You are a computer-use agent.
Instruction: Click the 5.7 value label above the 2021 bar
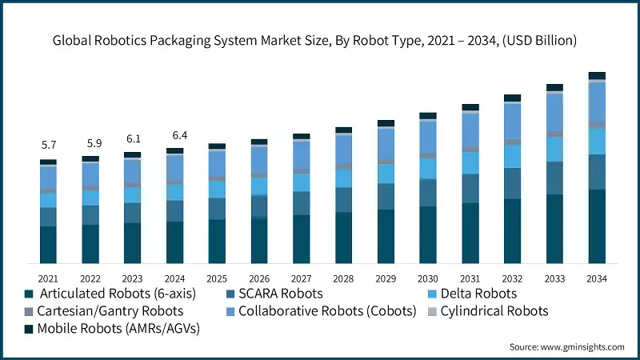click(x=49, y=145)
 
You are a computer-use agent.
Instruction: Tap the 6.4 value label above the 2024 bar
click(x=174, y=134)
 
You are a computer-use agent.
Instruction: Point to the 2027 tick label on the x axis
click(x=301, y=278)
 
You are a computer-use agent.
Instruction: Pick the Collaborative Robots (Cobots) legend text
click(x=327, y=310)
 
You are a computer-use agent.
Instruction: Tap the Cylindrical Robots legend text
click(x=498, y=310)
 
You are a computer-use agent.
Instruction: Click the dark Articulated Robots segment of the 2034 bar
click(x=597, y=226)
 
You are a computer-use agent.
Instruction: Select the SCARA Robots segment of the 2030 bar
click(x=429, y=193)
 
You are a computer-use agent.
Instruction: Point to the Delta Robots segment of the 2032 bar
click(x=513, y=157)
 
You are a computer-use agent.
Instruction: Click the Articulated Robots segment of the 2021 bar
click(x=49, y=245)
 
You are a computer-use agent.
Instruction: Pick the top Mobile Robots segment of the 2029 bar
click(x=386, y=123)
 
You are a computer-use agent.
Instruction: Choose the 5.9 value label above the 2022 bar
click(x=90, y=143)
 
